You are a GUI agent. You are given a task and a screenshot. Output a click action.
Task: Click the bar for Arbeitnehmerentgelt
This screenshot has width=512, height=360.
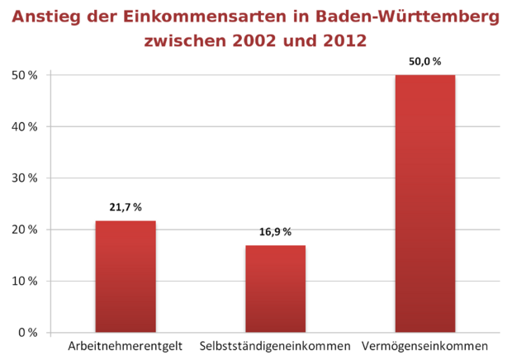click(126, 277)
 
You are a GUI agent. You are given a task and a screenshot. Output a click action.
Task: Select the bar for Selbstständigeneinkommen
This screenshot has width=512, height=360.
click(275, 289)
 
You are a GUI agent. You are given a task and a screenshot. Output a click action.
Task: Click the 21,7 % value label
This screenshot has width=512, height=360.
click(126, 206)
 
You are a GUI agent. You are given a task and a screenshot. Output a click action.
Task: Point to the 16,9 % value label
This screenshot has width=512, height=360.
click(275, 232)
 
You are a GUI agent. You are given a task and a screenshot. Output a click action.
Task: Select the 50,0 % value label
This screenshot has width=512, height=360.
click(425, 61)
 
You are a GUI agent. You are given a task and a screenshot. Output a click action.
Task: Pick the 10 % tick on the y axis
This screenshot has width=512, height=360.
click(25, 282)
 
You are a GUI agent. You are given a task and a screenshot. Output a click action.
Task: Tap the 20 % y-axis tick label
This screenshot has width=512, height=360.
click(25, 230)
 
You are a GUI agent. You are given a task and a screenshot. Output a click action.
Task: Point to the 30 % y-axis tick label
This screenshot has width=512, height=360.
click(25, 178)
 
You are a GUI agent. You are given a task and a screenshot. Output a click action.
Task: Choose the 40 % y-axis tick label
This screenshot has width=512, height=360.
click(25, 127)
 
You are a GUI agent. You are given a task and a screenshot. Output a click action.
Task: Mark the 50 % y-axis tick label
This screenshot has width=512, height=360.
click(25, 76)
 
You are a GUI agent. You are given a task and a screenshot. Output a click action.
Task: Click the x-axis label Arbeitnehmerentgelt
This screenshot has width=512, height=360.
click(125, 345)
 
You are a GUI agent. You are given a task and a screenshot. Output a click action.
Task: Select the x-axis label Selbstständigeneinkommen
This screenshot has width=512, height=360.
click(275, 345)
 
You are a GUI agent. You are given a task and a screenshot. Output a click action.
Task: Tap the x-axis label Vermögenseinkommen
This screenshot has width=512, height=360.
click(425, 345)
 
